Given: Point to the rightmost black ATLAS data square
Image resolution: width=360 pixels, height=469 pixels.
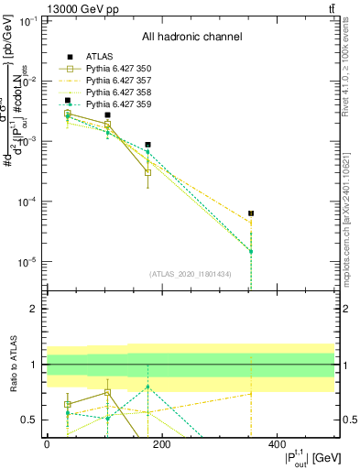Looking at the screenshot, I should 251,213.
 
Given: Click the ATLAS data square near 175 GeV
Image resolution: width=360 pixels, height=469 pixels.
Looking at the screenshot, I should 147,145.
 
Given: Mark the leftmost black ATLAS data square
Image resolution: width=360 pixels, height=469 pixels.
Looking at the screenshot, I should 67,101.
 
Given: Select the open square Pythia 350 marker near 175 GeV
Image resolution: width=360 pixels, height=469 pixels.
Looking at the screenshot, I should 147,172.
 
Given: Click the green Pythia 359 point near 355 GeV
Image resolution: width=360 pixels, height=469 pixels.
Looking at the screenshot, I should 251,251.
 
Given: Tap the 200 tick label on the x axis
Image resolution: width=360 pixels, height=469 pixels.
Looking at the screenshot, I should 161,445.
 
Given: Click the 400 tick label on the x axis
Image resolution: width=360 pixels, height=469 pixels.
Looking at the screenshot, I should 277,445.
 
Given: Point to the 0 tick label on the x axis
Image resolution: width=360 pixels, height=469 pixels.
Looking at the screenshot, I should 47,445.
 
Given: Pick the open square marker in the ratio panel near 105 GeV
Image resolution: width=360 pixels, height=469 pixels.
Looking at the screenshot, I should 107,392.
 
